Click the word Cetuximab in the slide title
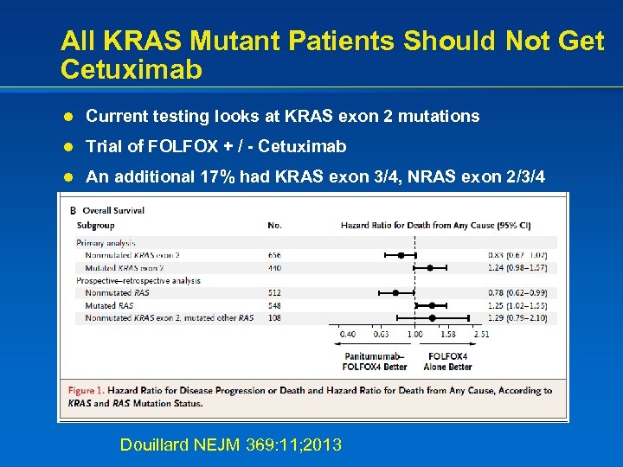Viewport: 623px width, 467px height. pos(132,69)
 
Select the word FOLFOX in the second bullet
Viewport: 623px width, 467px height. pos(171,146)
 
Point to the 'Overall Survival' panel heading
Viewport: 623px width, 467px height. pos(112,210)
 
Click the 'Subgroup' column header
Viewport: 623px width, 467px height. pos(95,226)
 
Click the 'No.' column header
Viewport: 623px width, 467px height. pos(275,226)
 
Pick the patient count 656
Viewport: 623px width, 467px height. pos(275,255)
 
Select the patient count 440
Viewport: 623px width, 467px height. pos(275,268)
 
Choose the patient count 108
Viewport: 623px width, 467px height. pos(275,318)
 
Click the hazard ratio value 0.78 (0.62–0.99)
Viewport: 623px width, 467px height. pos(517,293)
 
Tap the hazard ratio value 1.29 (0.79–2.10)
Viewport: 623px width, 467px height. pos(517,318)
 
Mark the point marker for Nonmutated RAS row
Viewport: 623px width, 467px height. pos(395,293)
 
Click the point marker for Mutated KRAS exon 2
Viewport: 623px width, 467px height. pos(430,268)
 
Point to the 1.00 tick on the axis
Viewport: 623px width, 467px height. pos(414,334)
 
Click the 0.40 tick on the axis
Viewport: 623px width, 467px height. pos(347,334)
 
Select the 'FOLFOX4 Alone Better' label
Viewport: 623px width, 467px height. pos(447,361)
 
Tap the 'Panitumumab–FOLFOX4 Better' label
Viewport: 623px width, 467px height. pos(374,361)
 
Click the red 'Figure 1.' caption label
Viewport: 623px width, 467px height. pos(87,391)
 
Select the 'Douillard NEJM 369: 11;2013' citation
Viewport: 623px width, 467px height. pos(230,445)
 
